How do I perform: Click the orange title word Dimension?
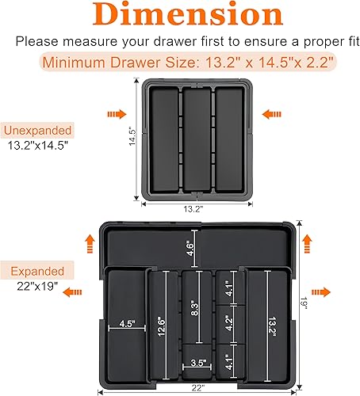coord(180,16)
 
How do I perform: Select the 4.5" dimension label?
coord(125,323)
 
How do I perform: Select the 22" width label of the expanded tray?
coord(197,386)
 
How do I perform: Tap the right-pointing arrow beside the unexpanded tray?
coord(116,114)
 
